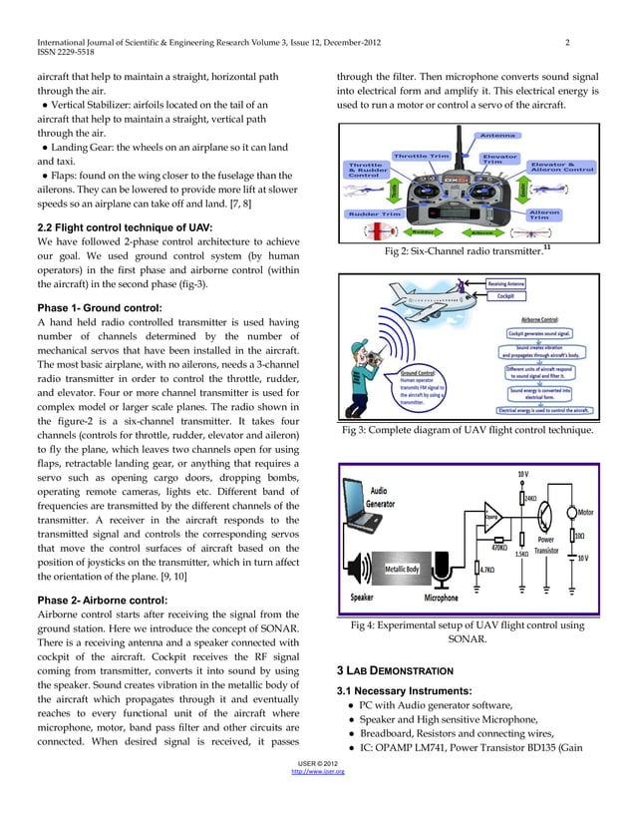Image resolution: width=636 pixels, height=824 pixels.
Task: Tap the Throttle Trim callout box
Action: pyautogui.click(x=425, y=155)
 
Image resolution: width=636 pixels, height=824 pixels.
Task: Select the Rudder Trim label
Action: pyautogui.click(x=372, y=212)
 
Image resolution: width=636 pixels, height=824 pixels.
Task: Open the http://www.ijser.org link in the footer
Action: pyautogui.click(x=317, y=800)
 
